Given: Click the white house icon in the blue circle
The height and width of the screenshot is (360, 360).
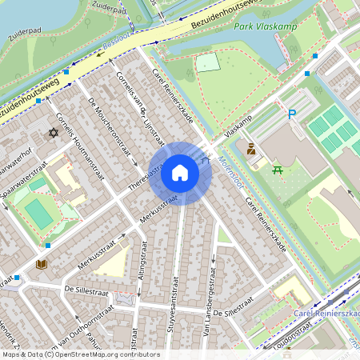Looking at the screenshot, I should click(180, 173).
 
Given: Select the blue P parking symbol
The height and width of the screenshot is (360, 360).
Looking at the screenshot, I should click(292, 114).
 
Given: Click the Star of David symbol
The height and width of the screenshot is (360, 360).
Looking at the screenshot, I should click(54, 132).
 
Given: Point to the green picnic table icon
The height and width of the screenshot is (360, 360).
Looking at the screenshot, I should click(278, 170).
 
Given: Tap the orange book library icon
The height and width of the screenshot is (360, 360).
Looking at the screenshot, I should click(42, 263).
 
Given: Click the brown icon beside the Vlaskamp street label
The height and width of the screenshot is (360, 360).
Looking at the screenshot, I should click(250, 150).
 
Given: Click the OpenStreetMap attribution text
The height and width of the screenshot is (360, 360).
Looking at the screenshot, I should click(80, 354).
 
